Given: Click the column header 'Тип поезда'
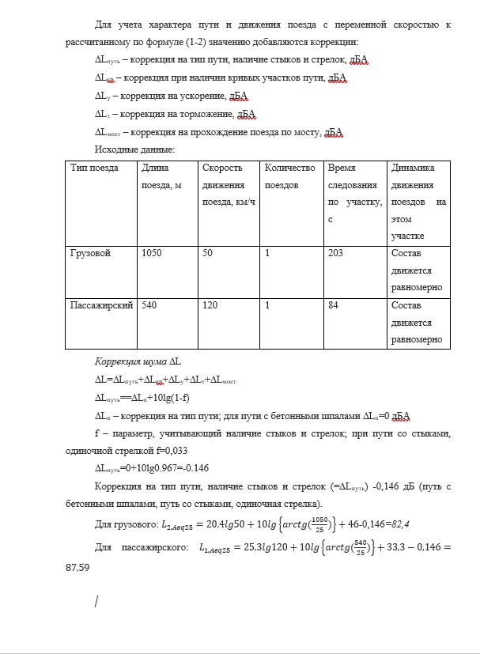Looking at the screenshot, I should [94, 168].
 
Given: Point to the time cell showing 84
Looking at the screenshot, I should [334, 305].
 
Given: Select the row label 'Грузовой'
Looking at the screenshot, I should [91, 253].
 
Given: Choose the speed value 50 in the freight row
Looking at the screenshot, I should [209, 253].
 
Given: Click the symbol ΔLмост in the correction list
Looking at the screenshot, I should [108, 132].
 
